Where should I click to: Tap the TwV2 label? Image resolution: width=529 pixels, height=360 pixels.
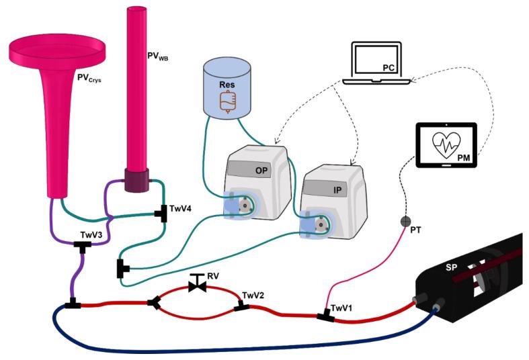tap(253, 295)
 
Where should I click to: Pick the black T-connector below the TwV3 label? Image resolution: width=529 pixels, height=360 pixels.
tap(82, 248)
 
